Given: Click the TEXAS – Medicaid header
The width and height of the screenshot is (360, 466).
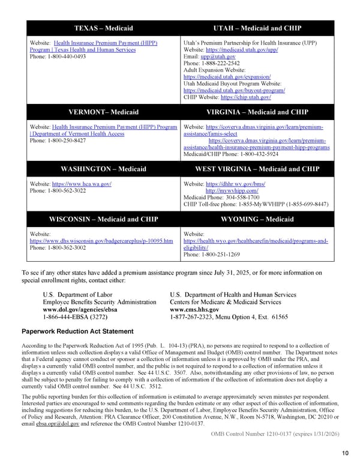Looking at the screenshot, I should pos(103,28).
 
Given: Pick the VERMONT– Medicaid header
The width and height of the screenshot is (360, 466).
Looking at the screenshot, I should pos(103,112).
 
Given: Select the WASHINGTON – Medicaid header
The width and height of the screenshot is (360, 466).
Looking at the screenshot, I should pos(103,169).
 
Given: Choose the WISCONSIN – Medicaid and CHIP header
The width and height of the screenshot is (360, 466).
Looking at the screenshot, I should pos(103,219).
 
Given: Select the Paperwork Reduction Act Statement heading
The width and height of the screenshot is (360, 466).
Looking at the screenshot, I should pos(77,331).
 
